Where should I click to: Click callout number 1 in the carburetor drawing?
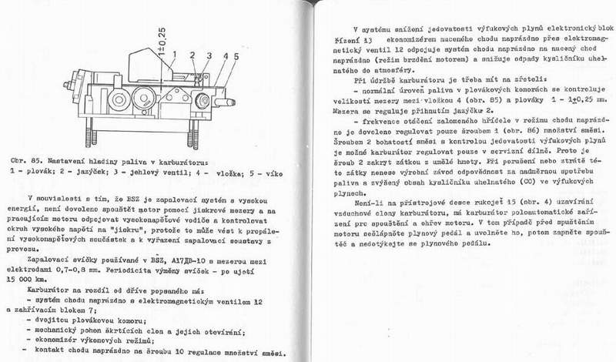click(176, 55)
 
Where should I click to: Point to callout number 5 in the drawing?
click(233, 57)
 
